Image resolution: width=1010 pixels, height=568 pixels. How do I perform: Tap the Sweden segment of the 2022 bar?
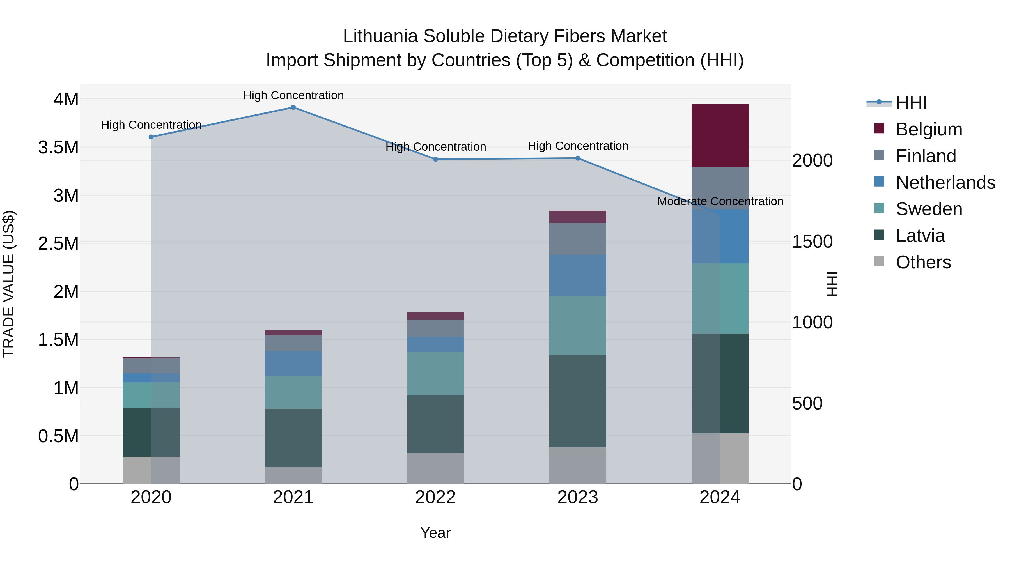[x=435, y=374]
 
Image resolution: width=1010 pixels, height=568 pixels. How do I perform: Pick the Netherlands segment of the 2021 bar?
[x=293, y=363]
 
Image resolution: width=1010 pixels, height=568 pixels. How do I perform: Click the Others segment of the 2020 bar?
[x=151, y=470]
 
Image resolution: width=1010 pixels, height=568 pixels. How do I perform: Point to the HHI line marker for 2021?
[x=293, y=107]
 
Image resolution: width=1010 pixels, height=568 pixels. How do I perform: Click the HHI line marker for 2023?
[x=578, y=158]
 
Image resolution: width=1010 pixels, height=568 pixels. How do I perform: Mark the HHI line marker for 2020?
[x=151, y=137]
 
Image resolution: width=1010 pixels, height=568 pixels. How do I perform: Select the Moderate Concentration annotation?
[x=720, y=201]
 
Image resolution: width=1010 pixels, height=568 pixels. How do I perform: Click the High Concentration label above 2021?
[x=293, y=95]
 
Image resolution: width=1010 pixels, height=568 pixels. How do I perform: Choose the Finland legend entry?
[x=926, y=156]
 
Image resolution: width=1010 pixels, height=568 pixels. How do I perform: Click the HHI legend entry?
[x=911, y=103]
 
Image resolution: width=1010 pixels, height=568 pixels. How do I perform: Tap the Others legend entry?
[x=923, y=262]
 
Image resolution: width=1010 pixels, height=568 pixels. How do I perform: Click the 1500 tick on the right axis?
[x=812, y=242]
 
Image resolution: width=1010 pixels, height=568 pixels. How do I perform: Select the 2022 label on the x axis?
[x=435, y=497]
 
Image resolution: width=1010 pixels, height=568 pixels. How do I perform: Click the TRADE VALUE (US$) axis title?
[x=9, y=284]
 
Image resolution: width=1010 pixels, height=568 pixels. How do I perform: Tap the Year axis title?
[x=435, y=533]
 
